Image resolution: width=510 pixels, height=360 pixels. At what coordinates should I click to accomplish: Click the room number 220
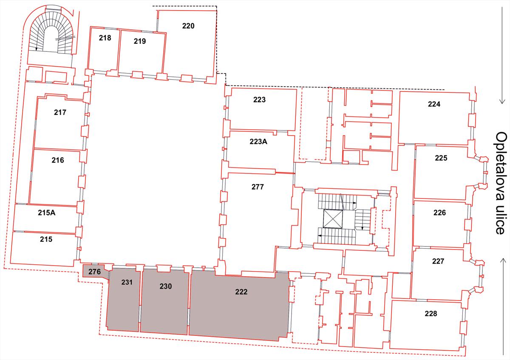[188, 26]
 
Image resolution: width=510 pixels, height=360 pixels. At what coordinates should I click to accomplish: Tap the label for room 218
[105, 38]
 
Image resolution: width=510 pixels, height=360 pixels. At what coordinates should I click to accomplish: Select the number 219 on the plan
[140, 41]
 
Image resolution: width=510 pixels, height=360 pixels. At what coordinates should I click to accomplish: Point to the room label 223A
[258, 142]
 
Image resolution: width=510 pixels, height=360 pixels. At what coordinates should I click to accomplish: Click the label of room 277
[258, 187]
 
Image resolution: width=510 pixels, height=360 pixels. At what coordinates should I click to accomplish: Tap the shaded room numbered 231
[123, 300]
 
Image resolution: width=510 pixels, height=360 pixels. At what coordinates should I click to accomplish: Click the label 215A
[47, 213]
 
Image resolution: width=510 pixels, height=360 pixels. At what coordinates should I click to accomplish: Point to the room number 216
[58, 160]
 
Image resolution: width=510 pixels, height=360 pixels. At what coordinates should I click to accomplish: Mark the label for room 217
[60, 113]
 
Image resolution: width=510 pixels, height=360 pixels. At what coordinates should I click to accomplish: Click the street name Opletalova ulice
[501, 183]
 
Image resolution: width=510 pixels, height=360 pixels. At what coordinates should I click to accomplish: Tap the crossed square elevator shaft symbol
[333, 219]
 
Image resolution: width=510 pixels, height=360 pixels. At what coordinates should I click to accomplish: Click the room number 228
[431, 314]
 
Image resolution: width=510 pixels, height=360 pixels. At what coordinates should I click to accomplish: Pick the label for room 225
[441, 158]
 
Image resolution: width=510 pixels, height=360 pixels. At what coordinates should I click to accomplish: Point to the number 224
[434, 104]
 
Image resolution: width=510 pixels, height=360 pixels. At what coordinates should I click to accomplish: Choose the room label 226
[439, 213]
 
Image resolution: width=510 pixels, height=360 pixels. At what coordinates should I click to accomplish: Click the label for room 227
[438, 261]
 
